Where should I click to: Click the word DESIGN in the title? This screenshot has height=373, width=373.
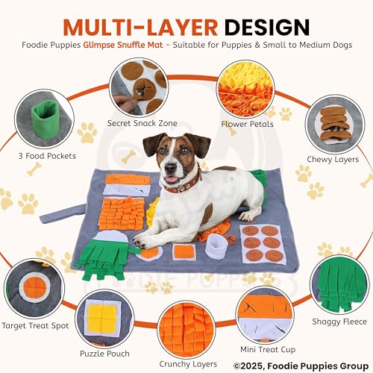point(267,27)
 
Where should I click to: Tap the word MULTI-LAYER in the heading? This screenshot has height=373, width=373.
point(140,27)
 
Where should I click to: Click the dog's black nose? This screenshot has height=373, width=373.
point(170,169)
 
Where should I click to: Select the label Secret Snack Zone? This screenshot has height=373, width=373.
point(142,123)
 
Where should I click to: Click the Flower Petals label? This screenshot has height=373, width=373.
point(247,124)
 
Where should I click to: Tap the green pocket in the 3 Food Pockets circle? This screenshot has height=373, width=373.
point(45,117)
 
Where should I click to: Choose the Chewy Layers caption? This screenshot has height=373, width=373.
point(333,159)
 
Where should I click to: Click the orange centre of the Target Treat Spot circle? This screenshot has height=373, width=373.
point(35,287)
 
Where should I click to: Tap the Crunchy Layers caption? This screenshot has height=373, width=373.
point(188,364)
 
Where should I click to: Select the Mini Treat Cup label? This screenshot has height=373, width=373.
point(268,349)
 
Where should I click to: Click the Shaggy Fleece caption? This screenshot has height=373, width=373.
point(339,322)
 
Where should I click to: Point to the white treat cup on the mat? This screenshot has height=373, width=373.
point(216,246)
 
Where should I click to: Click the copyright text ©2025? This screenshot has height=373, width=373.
point(248,366)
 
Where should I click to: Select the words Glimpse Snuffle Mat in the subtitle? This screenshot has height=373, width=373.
point(123,45)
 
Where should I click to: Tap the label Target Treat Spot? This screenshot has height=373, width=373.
point(35,325)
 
